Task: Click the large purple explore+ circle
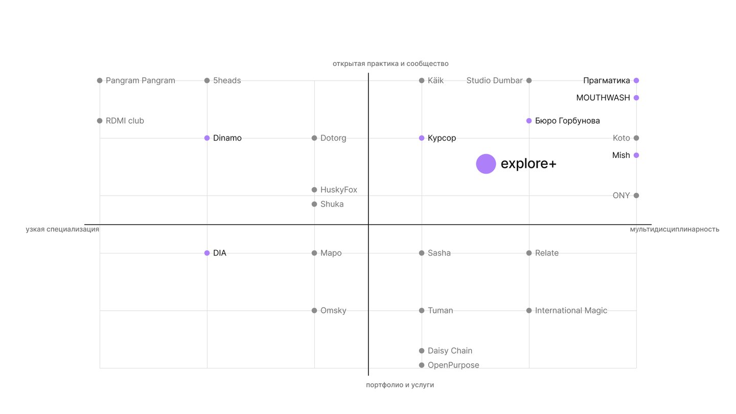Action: coord(486,164)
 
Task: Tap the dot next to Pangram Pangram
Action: coord(100,81)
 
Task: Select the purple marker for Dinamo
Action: coord(207,138)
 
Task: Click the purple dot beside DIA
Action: coord(207,253)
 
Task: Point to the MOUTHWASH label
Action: coord(603,98)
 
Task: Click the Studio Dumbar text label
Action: coord(494,81)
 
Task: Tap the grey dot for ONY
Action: coord(636,195)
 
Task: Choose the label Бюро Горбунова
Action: coord(567,121)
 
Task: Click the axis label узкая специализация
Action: coord(62,229)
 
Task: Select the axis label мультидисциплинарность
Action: coord(675,229)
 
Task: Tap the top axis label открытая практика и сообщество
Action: coord(390,64)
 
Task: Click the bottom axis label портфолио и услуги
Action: coord(400,385)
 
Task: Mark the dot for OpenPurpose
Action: coord(422,365)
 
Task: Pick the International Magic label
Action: coord(571,311)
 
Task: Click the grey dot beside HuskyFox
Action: coord(314,190)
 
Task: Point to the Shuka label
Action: coord(332,204)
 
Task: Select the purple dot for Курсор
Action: coord(422,138)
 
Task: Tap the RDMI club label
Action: coord(125,121)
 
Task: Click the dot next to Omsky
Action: coord(314,311)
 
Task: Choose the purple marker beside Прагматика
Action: coord(636,81)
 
